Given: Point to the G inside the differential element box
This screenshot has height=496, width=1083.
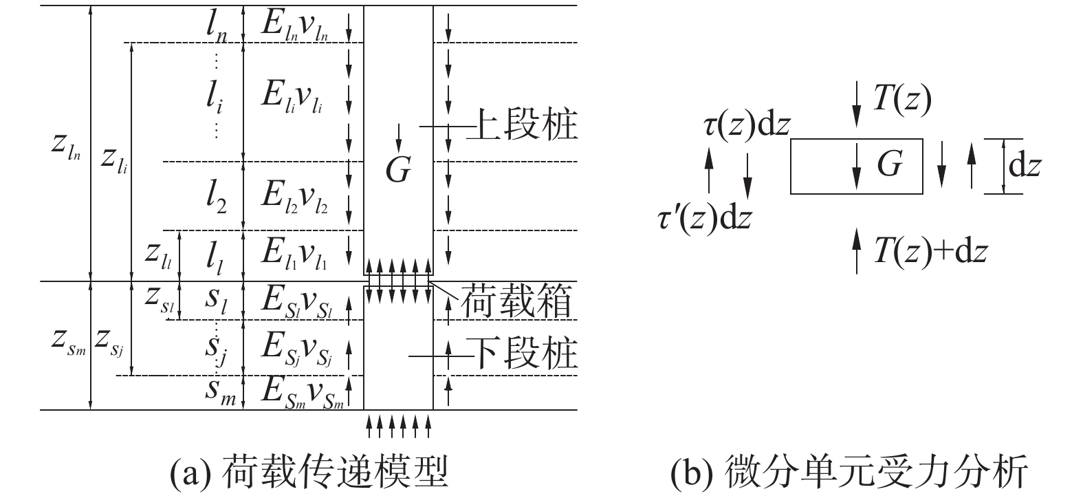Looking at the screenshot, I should (x=889, y=165).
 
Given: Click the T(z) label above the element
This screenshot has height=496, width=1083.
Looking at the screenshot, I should (x=901, y=101).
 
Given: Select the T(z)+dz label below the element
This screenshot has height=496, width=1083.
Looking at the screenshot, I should (x=930, y=251).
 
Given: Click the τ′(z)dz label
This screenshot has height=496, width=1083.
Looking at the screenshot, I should (x=705, y=218).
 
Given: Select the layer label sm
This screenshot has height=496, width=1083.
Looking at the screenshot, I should (x=220, y=391).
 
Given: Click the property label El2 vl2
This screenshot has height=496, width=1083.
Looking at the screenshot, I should (x=294, y=197).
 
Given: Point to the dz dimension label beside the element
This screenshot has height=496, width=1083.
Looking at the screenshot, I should (x=1024, y=166).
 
